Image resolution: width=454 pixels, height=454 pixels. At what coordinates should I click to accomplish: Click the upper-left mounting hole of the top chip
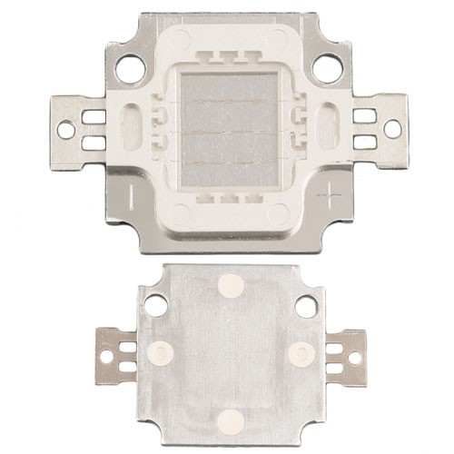(x=130, y=68)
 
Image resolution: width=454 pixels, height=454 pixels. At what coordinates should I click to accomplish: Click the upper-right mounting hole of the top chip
(x=327, y=68)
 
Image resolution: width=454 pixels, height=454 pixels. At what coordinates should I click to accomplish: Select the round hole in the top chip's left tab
(x=66, y=130)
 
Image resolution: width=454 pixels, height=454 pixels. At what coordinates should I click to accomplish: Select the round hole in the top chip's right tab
(x=391, y=129)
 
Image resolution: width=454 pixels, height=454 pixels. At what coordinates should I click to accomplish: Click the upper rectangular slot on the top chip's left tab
(x=93, y=116)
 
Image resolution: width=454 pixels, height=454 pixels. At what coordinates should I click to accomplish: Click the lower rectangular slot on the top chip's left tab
(x=93, y=143)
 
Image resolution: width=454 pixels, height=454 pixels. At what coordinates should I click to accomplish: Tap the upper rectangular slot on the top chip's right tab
(x=364, y=115)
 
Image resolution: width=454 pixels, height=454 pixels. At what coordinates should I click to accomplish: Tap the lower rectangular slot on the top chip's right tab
(x=364, y=142)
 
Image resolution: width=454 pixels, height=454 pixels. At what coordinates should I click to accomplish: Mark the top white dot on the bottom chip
(x=231, y=286)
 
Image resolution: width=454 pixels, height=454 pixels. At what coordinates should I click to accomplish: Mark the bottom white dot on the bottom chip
(x=231, y=420)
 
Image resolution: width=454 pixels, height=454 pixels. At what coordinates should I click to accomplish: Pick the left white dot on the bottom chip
(x=163, y=352)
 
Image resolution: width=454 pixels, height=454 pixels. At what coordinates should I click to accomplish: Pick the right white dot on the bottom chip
(x=301, y=352)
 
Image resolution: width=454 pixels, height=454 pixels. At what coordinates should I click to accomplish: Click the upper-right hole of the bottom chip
(x=307, y=306)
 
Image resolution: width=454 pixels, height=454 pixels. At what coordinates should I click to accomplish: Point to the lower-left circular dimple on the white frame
(x=180, y=214)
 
